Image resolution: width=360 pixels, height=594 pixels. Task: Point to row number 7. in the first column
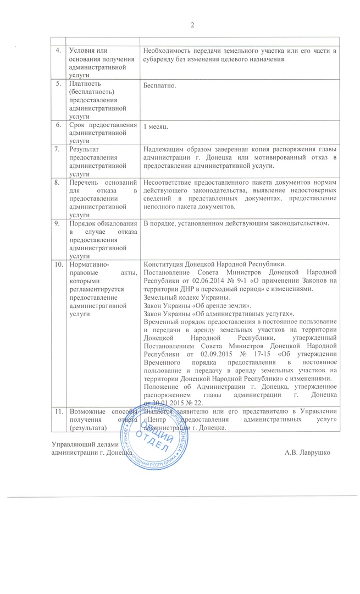[x=57, y=149]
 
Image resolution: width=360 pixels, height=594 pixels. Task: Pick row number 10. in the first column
[x=58, y=263]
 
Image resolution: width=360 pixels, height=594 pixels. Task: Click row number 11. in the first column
[x=58, y=410]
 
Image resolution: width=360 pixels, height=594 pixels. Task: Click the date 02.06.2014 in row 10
[x=204, y=279]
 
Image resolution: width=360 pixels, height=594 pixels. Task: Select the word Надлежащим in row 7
[x=163, y=149]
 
